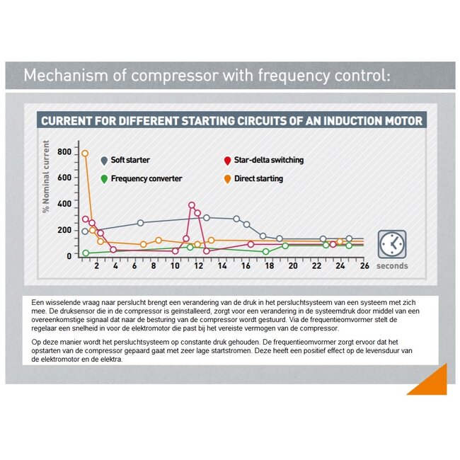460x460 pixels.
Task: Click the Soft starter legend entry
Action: [x=129, y=161]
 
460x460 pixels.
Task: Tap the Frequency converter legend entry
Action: [x=146, y=179]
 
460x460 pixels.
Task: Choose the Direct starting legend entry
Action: [x=258, y=179]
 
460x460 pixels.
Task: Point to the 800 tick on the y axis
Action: [x=64, y=152]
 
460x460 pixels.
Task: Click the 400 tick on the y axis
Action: [x=64, y=204]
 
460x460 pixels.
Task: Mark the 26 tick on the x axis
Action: [x=364, y=266]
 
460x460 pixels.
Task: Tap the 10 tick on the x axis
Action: [x=175, y=266]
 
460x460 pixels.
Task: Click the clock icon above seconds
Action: [x=391, y=244]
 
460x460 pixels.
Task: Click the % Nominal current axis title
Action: [x=46, y=177]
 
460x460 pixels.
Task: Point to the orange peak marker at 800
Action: [x=85, y=153]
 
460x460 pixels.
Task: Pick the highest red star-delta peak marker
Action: [x=192, y=205]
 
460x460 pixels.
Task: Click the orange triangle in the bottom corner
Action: [x=431, y=383]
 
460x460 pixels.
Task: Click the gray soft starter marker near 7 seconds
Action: [x=140, y=223]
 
